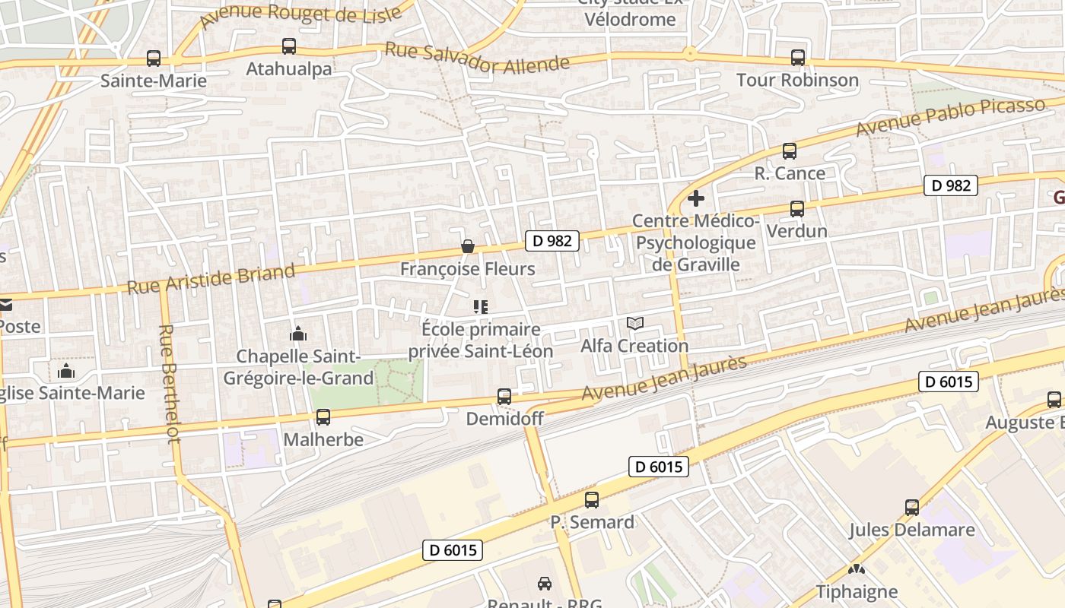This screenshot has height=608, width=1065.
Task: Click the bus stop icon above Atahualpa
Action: click(289, 46)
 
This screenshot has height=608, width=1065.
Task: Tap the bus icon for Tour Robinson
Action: click(797, 58)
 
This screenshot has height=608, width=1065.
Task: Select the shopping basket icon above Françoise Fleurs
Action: click(468, 247)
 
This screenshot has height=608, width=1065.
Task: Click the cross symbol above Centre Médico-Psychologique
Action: click(695, 199)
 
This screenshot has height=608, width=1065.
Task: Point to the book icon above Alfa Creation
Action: click(634, 324)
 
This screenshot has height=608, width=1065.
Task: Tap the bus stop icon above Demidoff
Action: click(504, 397)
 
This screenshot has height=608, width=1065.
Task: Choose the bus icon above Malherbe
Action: click(323, 417)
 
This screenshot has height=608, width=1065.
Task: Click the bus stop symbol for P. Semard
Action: click(592, 500)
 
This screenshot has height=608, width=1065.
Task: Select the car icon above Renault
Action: click(545, 584)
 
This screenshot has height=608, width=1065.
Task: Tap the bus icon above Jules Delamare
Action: click(911, 508)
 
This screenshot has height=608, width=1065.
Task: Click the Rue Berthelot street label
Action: click(169, 384)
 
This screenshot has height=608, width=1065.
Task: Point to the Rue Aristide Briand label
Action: click(211, 280)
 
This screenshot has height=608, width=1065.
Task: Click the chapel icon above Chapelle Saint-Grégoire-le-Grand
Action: click(298, 334)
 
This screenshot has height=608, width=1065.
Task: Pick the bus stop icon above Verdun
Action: click(796, 208)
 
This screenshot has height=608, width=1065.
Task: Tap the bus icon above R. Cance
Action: click(789, 151)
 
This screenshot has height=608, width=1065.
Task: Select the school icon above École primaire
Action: click(480, 307)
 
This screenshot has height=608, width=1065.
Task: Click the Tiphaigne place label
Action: click(857, 591)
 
